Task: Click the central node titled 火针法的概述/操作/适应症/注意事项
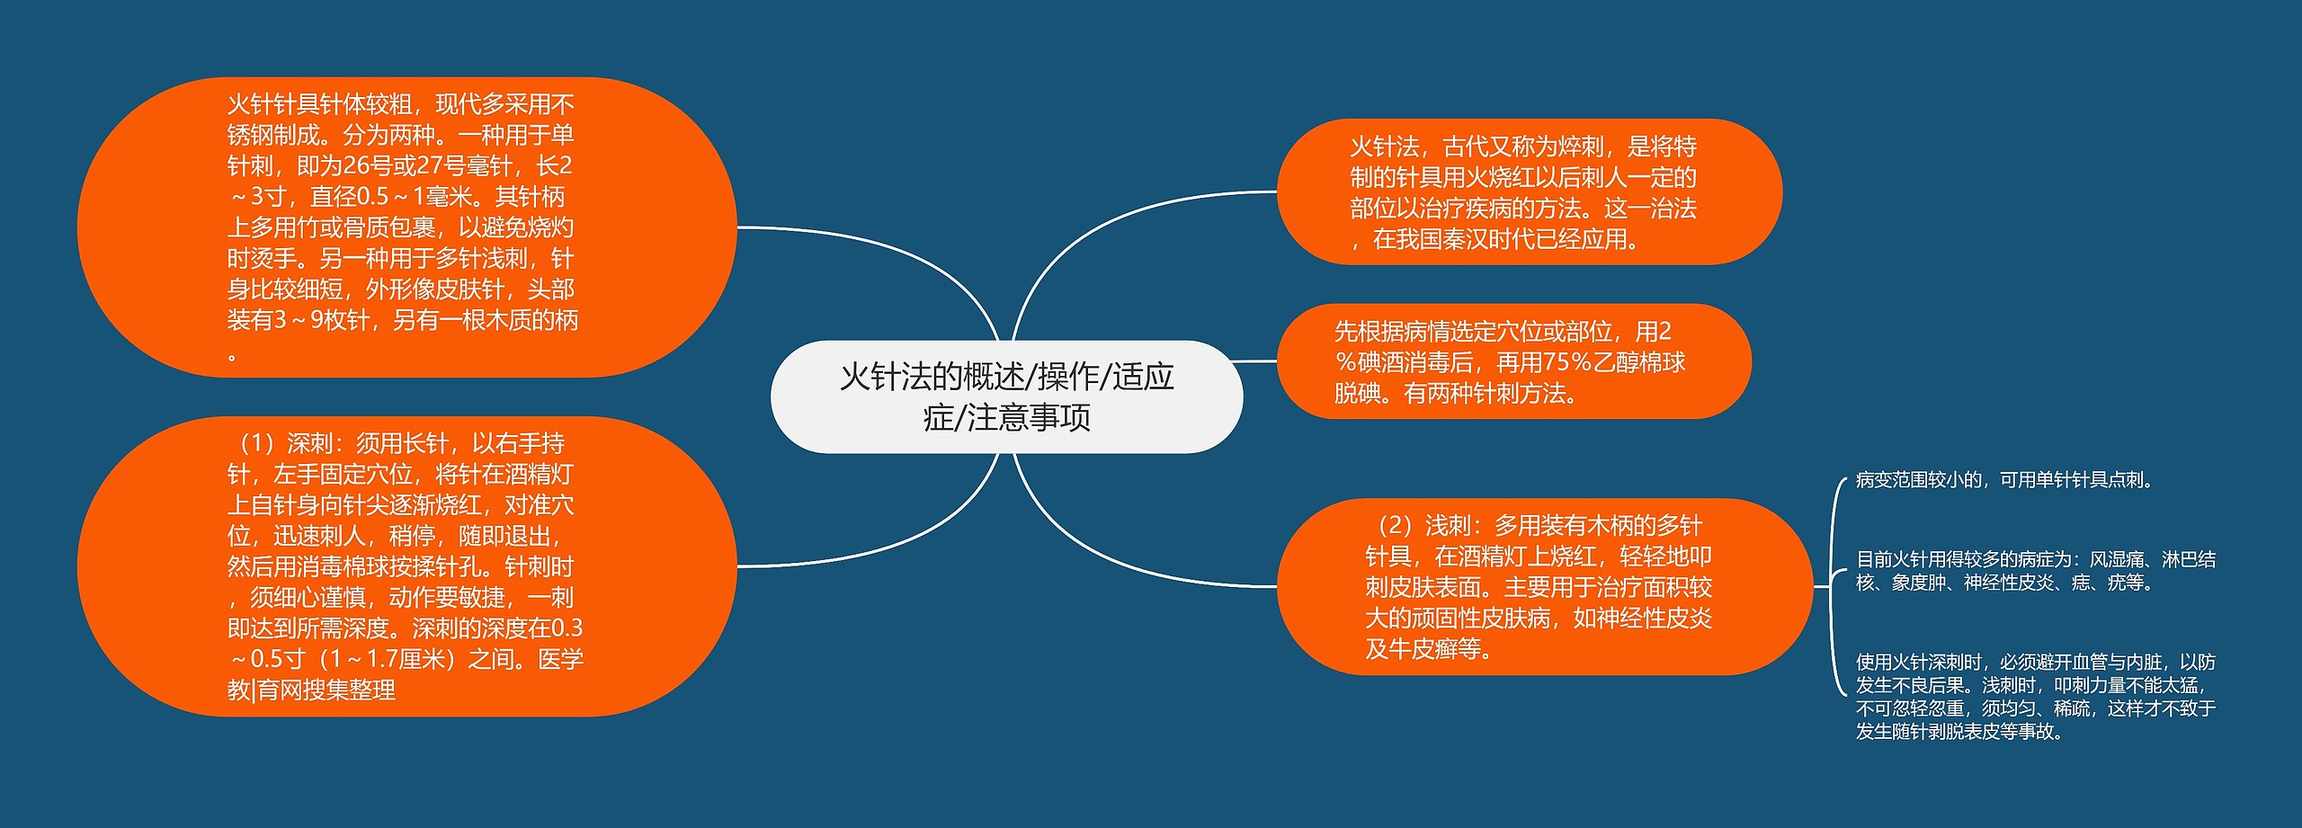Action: [1006, 396]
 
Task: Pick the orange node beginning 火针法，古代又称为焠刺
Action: [1529, 191]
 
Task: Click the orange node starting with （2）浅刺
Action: [1543, 586]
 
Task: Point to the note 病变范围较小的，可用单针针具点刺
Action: [2005, 480]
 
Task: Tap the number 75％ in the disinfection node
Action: [1566, 362]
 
